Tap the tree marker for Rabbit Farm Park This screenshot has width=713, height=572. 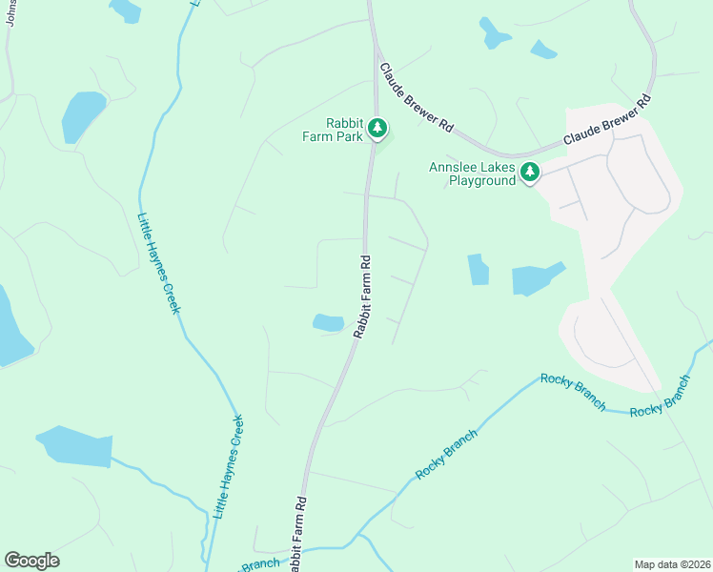click(377, 126)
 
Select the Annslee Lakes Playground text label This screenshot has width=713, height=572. click(472, 174)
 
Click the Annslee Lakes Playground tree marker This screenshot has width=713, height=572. click(530, 173)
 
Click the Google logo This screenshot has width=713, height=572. click(31, 561)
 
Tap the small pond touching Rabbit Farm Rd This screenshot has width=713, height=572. click(328, 323)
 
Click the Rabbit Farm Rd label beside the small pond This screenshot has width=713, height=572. click(362, 296)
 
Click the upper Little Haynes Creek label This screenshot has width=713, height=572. click(159, 263)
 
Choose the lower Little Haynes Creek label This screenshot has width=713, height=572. click(228, 466)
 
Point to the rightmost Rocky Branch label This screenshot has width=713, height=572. click(661, 397)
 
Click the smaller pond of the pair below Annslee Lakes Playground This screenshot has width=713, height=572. click(479, 270)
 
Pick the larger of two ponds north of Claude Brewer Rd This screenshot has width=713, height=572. click(494, 34)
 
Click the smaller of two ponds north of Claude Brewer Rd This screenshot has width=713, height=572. click(542, 50)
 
